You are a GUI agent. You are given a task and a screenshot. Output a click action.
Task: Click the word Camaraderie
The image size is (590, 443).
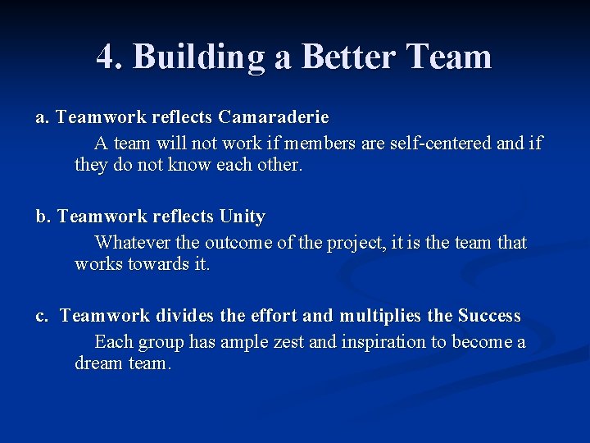point(275,118)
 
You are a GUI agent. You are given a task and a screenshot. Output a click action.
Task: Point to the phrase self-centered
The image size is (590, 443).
point(440,144)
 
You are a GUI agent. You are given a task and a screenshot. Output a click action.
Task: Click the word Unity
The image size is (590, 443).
point(243,217)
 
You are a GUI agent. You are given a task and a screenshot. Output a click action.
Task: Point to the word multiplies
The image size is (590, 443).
point(380,316)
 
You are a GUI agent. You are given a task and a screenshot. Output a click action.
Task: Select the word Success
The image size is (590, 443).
point(489,316)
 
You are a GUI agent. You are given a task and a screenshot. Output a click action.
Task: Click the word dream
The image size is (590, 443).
point(99,363)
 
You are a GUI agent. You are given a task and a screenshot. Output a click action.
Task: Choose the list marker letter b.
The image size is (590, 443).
point(42,217)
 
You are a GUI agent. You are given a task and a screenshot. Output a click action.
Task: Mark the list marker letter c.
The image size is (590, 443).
point(41,316)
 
